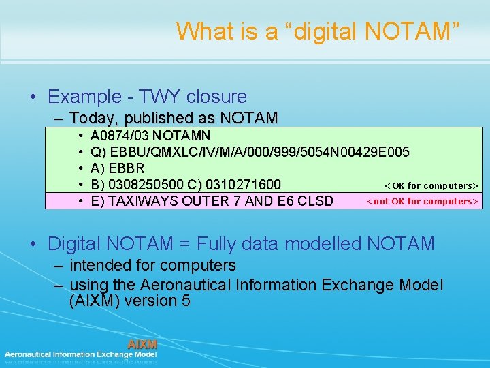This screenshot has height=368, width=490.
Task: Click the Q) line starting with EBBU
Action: click(250, 151)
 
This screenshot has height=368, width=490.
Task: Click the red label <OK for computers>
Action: click(431, 185)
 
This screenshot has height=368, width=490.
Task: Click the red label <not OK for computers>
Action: click(423, 201)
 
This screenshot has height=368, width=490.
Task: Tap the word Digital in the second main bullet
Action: click(73, 243)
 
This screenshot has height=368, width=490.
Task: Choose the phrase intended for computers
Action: click(152, 265)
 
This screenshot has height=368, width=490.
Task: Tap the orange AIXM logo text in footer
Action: click(142, 344)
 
